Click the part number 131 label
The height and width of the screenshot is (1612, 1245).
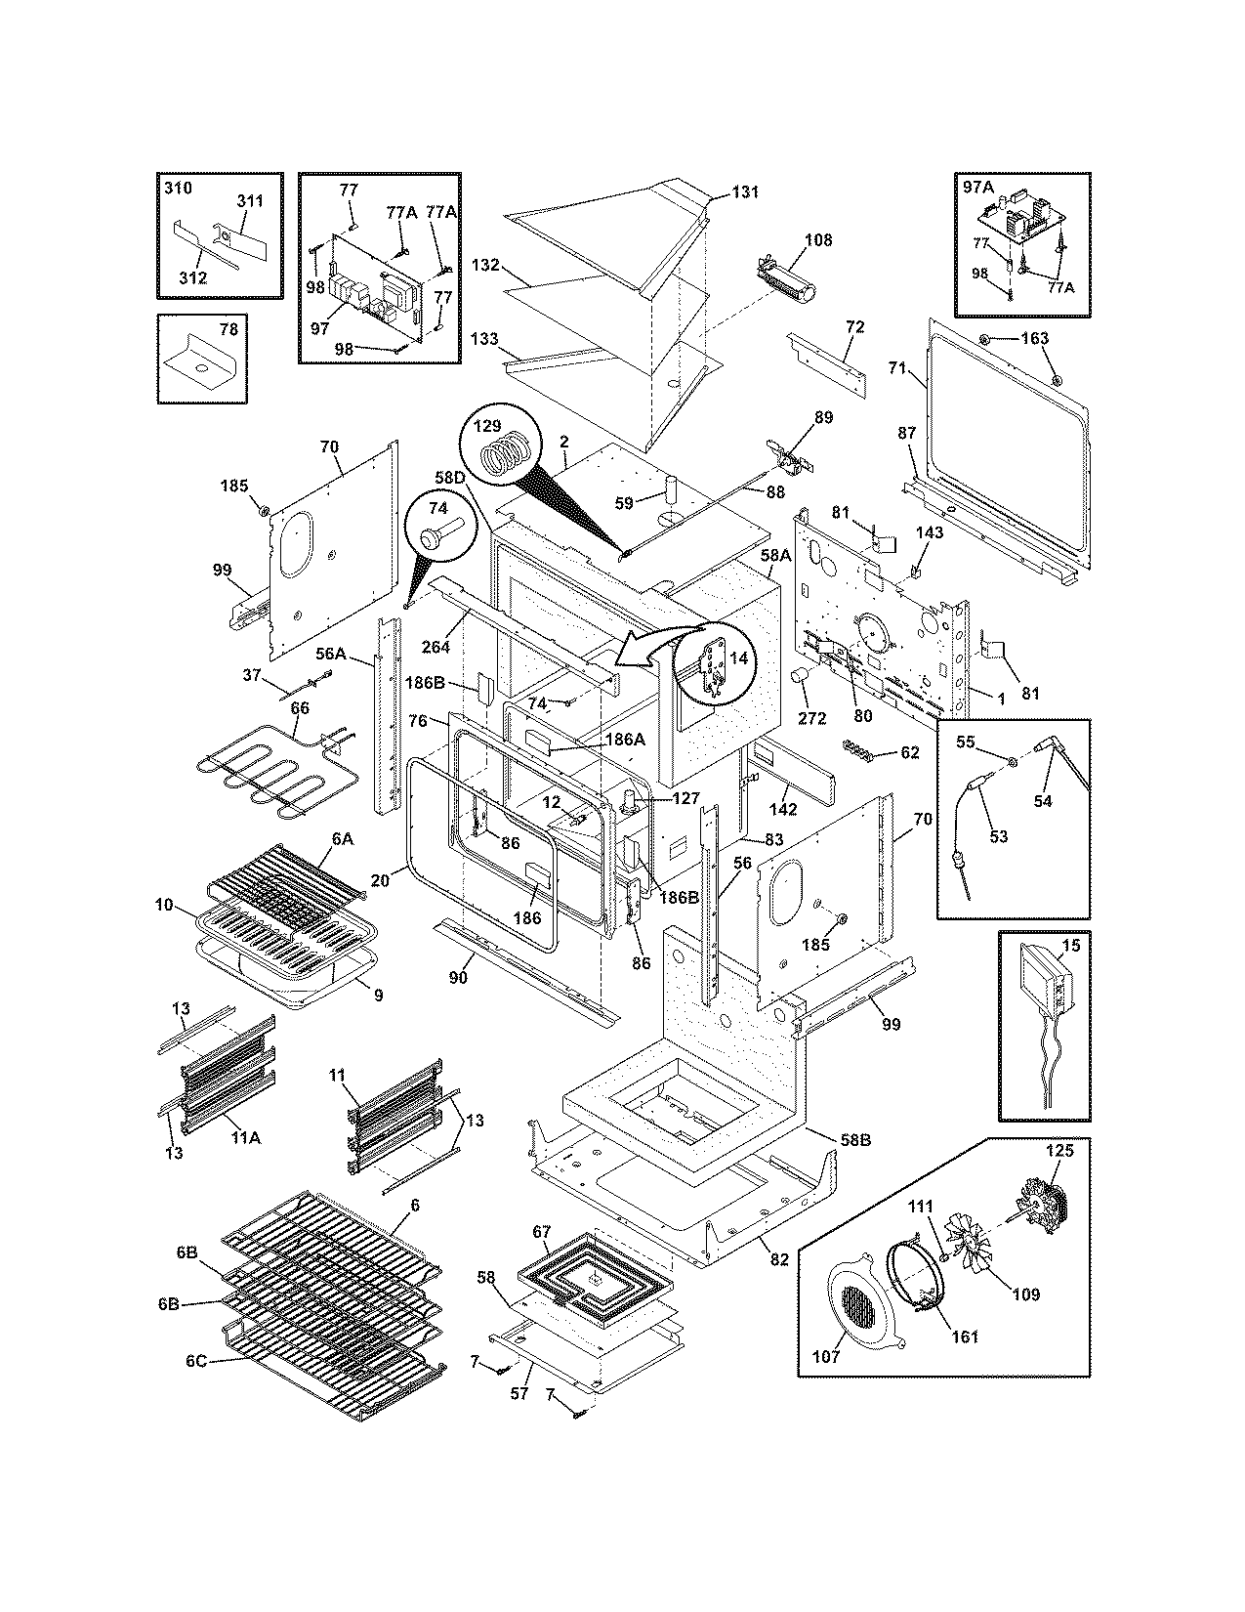(x=745, y=191)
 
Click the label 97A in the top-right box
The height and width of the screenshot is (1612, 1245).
(x=978, y=187)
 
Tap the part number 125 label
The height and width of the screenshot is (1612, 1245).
(x=1059, y=1151)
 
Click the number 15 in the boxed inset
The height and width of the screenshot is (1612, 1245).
(x=1071, y=947)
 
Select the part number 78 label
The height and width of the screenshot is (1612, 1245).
(x=228, y=329)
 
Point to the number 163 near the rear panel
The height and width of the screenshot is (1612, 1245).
(x=1034, y=338)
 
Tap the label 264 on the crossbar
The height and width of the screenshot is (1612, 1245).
(x=436, y=647)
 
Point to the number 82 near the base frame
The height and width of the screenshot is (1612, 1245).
(x=778, y=1259)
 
